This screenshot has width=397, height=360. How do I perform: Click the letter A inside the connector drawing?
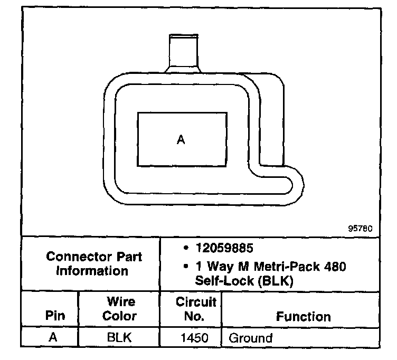tap(181, 140)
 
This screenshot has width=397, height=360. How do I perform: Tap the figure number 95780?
tap(360, 229)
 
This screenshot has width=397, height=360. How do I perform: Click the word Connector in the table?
tap(72, 257)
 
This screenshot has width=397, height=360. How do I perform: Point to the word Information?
tap(92, 271)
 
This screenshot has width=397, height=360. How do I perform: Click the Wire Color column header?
tap(119, 309)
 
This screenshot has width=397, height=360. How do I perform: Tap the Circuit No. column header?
tap(196, 309)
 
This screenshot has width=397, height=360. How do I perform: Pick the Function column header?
tap(304, 317)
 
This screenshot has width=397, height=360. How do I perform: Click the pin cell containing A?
tap(53, 338)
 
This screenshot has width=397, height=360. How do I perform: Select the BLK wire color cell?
tap(119, 338)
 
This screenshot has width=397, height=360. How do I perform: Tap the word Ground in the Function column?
tap(250, 338)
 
